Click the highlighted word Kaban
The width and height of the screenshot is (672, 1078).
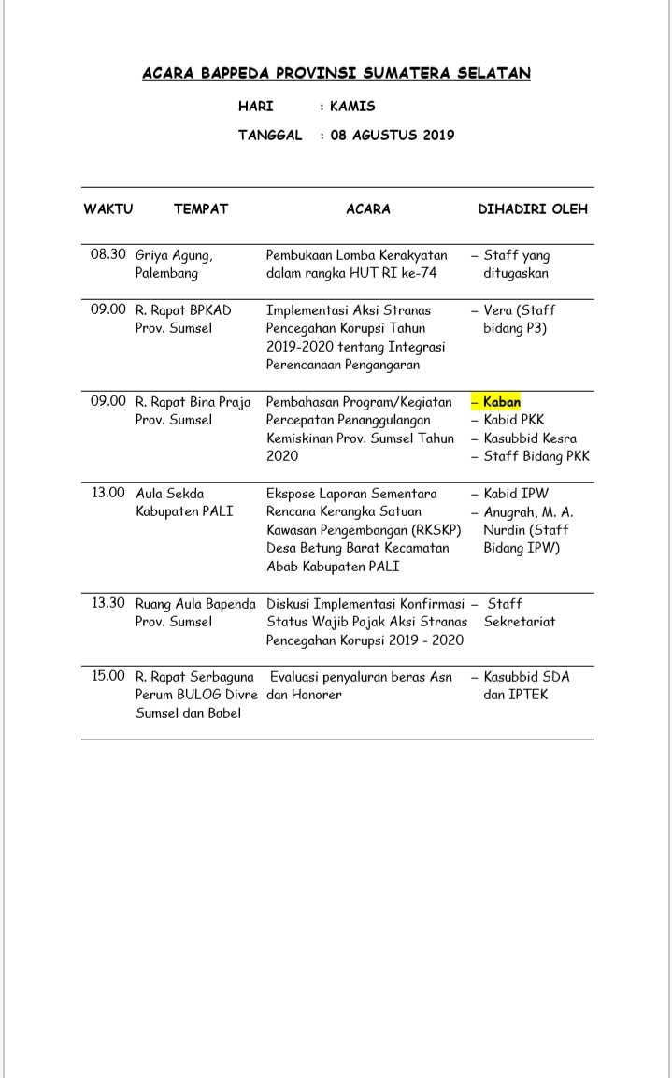point(502,402)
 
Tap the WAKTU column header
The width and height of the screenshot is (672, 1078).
point(108,209)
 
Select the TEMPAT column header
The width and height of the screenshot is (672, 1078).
point(200,209)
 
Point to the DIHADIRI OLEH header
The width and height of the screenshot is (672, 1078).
point(533,209)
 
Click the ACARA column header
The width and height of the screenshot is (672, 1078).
point(368,209)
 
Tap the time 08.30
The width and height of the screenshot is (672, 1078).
point(108,254)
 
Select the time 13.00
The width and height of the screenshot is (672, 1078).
point(108,493)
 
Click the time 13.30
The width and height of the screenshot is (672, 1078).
point(108,603)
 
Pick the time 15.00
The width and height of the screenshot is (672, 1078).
point(108,676)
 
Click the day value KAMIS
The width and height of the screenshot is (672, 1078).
point(352,107)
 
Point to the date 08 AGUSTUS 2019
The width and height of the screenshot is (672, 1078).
point(393,135)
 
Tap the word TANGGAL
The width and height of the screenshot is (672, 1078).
point(270,135)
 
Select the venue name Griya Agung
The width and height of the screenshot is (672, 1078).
point(175,255)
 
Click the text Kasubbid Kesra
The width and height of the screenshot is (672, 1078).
point(530,438)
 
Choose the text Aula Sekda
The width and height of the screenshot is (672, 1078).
point(170,493)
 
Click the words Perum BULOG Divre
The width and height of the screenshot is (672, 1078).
point(196,695)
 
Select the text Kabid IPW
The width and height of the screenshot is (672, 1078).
point(516,493)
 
